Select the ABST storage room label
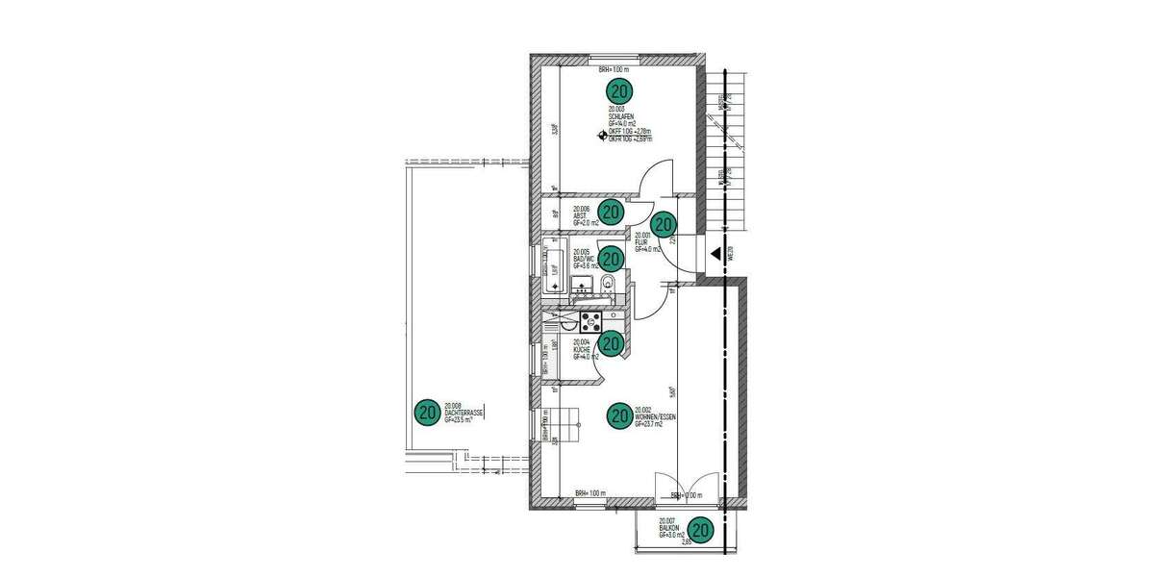580,215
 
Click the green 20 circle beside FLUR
665,223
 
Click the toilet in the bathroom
609,284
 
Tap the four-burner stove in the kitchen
590,317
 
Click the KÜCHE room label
582,349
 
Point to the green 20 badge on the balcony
701,529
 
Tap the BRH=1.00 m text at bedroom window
613,70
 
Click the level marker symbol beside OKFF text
604,136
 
